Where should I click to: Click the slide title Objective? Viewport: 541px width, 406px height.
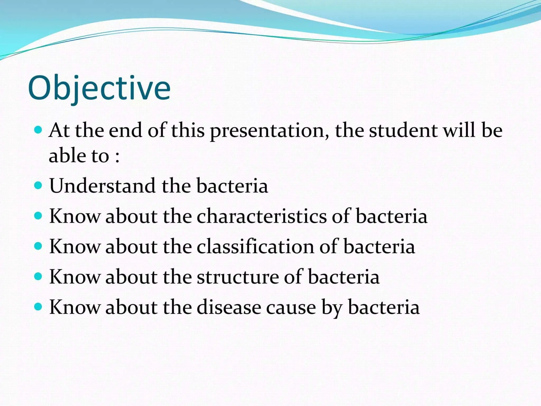(99, 88)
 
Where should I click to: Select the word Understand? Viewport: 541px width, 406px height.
(102, 186)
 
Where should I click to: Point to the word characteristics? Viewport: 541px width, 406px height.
(262, 216)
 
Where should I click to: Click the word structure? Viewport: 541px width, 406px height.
(238, 277)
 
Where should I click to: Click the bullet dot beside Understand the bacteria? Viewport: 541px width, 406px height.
(38, 185)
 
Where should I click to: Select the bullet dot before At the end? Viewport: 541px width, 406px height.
(38, 130)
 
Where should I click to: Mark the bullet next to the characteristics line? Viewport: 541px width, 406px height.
(38, 216)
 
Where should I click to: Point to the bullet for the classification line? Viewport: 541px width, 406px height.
(38, 246)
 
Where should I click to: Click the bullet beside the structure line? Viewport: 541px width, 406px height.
(38, 276)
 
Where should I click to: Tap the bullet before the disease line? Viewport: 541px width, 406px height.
(38, 307)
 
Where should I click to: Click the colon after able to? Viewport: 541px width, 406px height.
(117, 157)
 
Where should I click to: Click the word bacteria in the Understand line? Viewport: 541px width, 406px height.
(232, 186)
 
